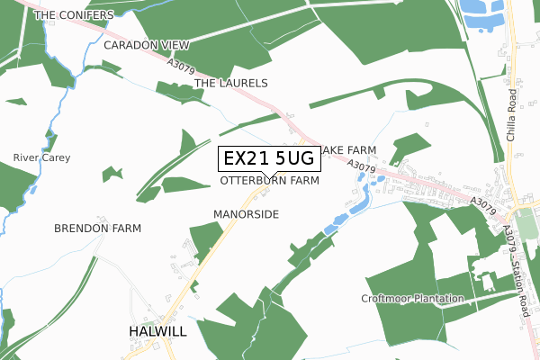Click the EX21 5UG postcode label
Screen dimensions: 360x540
268,159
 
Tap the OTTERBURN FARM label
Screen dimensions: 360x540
270,181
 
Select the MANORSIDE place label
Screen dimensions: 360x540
247,214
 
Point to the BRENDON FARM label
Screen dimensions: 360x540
97,229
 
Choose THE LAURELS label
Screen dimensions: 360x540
231,83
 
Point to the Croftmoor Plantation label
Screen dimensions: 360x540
411,298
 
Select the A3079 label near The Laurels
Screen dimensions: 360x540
181,66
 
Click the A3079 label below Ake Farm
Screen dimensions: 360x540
360,166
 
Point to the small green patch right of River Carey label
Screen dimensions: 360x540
112,173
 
